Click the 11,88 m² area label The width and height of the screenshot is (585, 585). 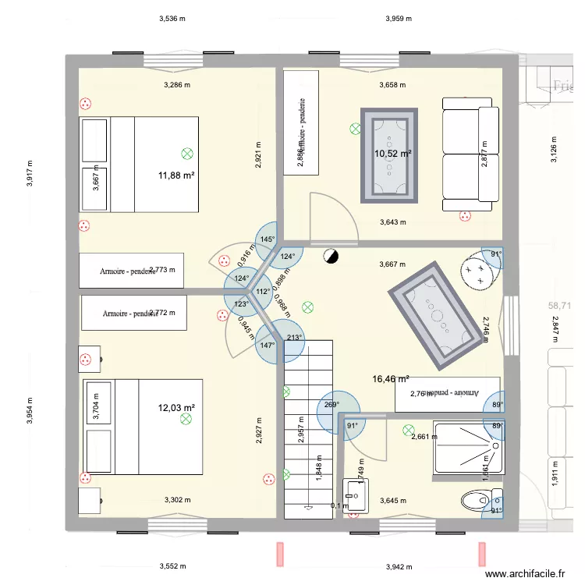(x=175, y=175)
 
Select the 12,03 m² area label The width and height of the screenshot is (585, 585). (x=176, y=407)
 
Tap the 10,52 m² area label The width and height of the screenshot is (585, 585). (x=392, y=154)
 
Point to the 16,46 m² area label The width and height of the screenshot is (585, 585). (x=391, y=379)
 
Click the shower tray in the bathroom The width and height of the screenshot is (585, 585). (x=466, y=448)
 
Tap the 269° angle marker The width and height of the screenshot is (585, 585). (x=331, y=405)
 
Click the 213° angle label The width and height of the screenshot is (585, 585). (x=294, y=338)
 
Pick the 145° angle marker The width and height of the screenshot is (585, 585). (x=267, y=239)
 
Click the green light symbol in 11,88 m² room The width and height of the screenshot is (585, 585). (x=186, y=154)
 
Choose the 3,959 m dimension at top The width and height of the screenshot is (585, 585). (x=399, y=18)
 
